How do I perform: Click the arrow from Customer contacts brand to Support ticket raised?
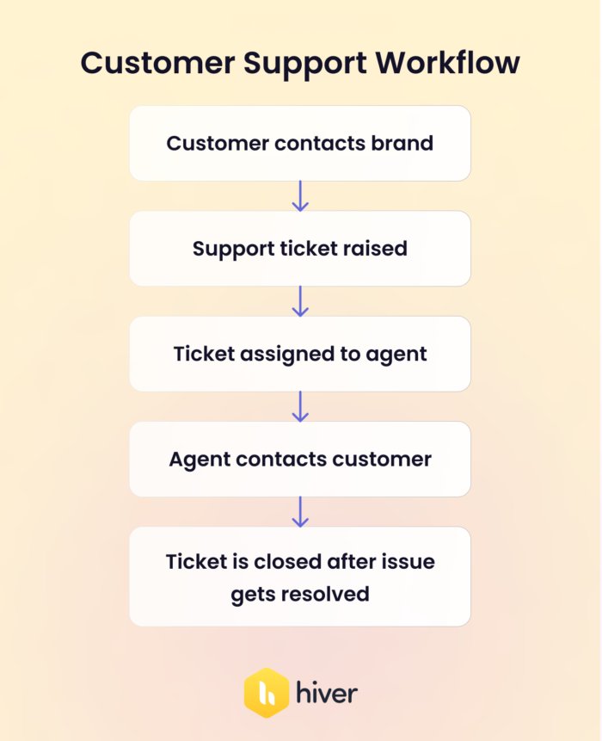[300, 196]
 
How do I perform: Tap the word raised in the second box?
[375, 249]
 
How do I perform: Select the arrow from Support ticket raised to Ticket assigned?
[300, 301]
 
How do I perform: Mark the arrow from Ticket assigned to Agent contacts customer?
[300, 406]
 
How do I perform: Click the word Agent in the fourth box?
[199, 459]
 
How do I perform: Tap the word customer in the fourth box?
[381, 459]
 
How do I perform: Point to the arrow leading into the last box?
[300, 511]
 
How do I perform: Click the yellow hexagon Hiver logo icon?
[265, 692]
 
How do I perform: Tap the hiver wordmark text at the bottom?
[326, 692]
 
